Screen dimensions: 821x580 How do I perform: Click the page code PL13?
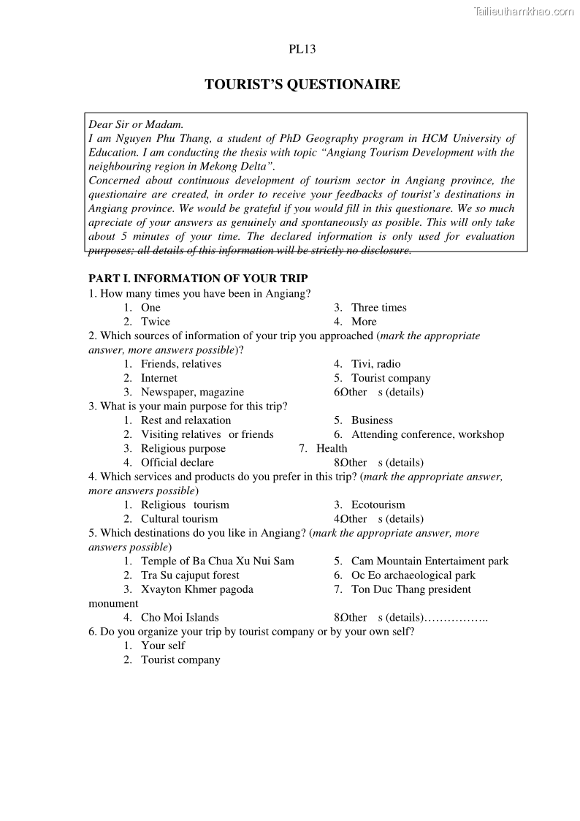[302, 50]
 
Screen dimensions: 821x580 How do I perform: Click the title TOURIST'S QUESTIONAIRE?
[302, 85]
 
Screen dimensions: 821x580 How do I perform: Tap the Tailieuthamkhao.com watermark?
[524, 11]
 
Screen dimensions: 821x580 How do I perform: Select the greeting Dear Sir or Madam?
[136, 124]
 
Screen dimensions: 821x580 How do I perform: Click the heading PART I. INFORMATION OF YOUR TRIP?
[198, 279]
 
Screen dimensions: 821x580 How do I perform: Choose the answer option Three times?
[378, 308]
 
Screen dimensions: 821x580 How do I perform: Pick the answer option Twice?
[156, 322]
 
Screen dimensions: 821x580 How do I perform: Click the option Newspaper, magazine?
[192, 392]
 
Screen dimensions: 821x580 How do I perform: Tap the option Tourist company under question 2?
[391, 378]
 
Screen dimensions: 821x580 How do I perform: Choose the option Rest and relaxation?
[186, 420]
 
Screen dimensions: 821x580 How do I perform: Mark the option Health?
[332, 448]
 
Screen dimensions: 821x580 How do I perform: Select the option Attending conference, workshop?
[427, 434]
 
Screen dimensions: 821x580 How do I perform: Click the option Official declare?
[178, 463]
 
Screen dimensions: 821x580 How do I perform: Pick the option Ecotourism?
[378, 504]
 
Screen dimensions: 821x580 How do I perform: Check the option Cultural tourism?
[180, 519]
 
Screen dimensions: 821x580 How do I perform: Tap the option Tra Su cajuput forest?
[190, 575]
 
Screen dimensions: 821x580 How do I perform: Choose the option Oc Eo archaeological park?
[413, 575]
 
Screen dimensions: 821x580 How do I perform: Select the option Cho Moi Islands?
[180, 618]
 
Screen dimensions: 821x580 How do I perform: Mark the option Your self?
[163, 646]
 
